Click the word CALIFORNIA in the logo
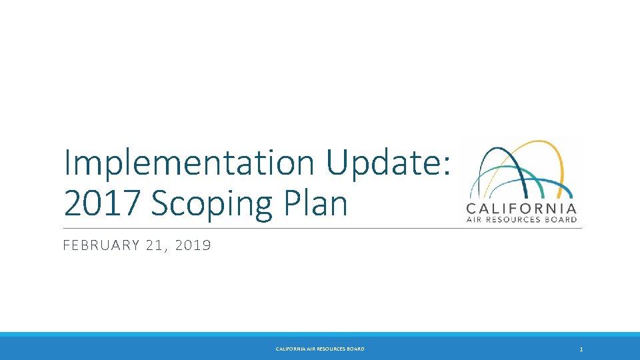tap(522, 207)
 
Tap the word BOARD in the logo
tap(563, 219)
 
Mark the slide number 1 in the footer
tap(581, 349)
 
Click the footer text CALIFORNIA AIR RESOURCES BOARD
tap(320, 349)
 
